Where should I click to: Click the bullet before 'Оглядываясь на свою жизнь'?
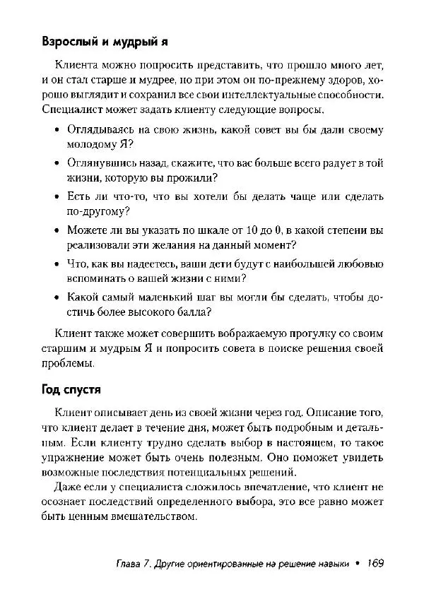(x=57, y=131)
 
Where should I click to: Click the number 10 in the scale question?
(x=238, y=230)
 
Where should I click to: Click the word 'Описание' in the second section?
(x=326, y=412)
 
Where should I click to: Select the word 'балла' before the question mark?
(x=191, y=313)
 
